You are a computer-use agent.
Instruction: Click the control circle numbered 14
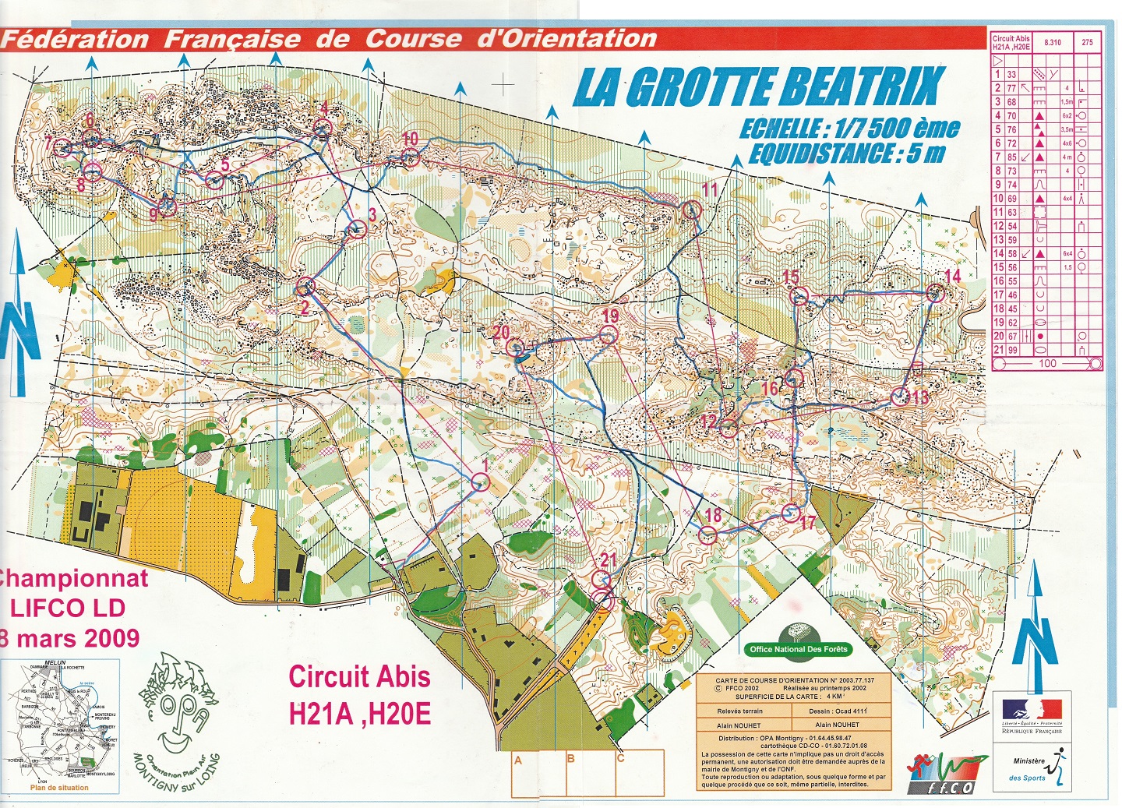click(936, 294)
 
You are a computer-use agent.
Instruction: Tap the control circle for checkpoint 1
click(481, 482)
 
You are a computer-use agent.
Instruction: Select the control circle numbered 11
click(691, 210)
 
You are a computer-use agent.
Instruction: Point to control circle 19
click(608, 336)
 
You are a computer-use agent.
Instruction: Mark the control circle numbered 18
click(707, 535)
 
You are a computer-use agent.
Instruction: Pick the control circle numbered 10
click(411, 158)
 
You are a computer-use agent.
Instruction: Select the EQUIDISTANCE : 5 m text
click(846, 153)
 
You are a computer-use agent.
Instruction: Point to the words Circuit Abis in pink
click(359, 676)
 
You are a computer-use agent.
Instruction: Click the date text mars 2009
click(78, 638)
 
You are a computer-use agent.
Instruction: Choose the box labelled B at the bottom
click(571, 773)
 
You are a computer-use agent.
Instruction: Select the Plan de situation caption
click(59, 788)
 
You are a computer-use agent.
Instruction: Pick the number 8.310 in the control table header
click(1052, 42)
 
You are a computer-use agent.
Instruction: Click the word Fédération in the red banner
click(76, 40)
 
